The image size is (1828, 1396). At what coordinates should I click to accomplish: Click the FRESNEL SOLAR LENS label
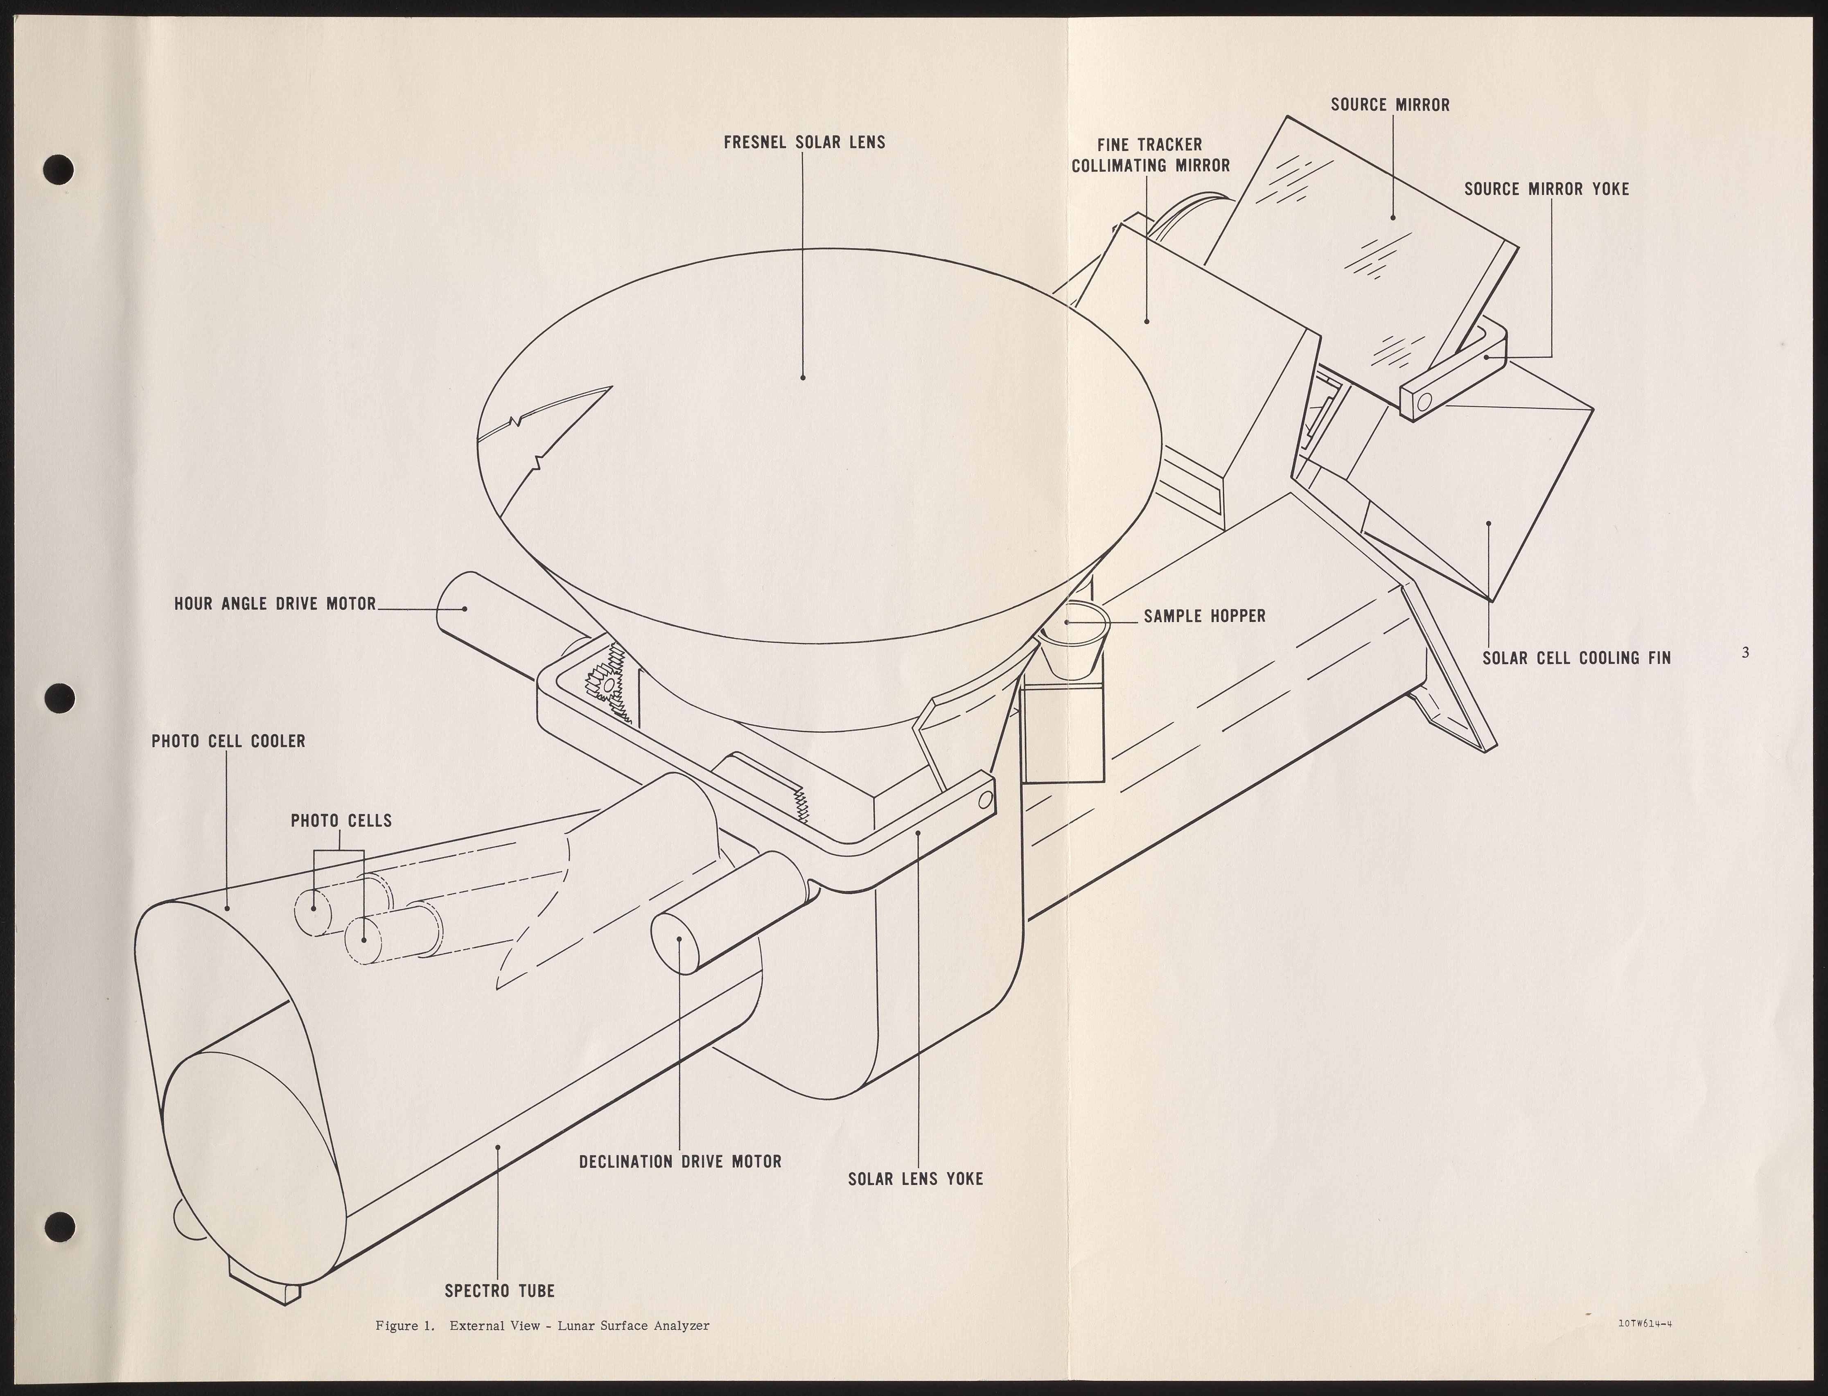pyautogui.click(x=803, y=142)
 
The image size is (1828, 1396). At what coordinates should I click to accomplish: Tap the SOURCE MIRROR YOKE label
pyautogui.click(x=1546, y=190)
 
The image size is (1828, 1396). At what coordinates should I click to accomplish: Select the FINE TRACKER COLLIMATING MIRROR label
pyautogui.click(x=1150, y=156)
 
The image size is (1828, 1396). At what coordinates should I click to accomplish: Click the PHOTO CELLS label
pyautogui.click(x=341, y=821)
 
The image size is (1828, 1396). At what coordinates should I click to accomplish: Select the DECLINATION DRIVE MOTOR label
pyautogui.click(x=680, y=1162)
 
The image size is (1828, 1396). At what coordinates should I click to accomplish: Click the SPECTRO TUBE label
pyautogui.click(x=499, y=1290)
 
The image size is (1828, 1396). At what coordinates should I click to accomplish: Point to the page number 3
pyautogui.click(x=1745, y=653)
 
